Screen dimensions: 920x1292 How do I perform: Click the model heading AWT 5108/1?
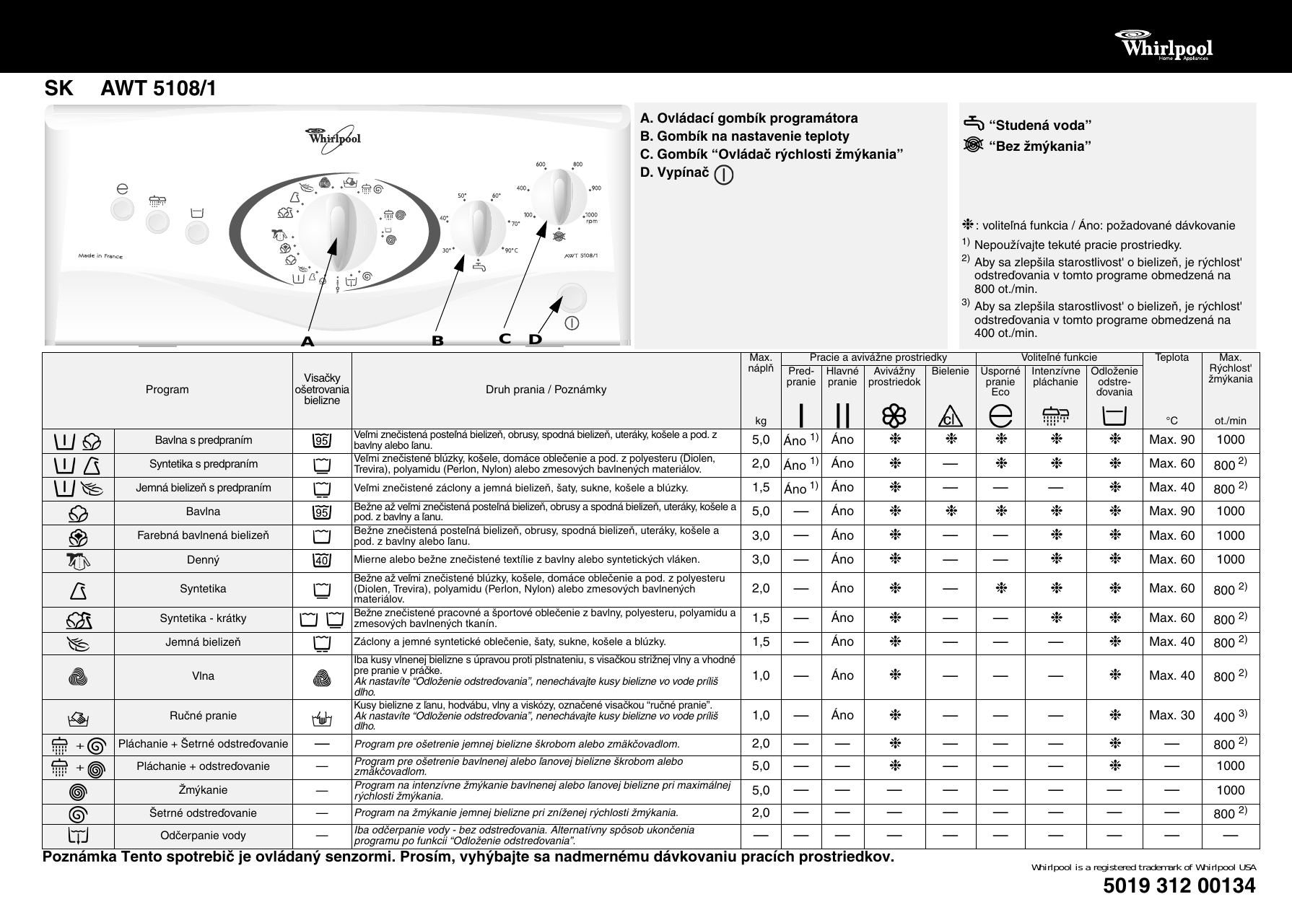pyautogui.click(x=158, y=89)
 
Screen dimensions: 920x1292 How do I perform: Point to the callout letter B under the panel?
pyautogui.click(x=437, y=341)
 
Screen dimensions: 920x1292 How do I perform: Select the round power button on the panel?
pyautogui.click(x=572, y=297)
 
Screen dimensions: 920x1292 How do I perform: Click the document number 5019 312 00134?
pyautogui.click(x=1179, y=885)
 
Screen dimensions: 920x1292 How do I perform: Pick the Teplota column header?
pyautogui.click(x=1171, y=358)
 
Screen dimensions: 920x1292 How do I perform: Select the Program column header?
pyautogui.click(x=167, y=390)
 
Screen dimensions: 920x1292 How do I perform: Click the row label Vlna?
pyautogui.click(x=203, y=676)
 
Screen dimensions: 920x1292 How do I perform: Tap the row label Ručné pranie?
pyautogui.click(x=203, y=716)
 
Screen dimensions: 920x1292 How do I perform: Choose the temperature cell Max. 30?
pyautogui.click(x=1171, y=716)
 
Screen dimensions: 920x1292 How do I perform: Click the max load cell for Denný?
pyautogui.click(x=761, y=559)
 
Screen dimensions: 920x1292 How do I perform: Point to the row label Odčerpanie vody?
pyautogui.click(x=203, y=836)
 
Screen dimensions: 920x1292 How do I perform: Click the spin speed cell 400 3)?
pyautogui.click(x=1230, y=716)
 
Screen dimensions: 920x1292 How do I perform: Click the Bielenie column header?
pyautogui.click(x=950, y=372)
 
